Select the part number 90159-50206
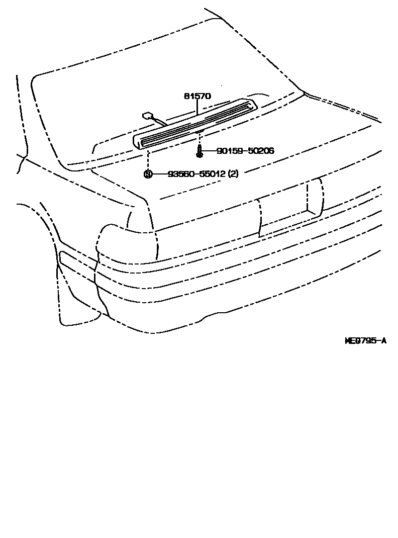[245, 150]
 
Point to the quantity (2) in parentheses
[233, 174]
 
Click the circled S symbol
[148, 174]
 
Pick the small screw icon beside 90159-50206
[199, 149]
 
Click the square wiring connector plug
[147, 115]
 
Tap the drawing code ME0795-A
[365, 340]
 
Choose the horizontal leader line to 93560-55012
[160, 174]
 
